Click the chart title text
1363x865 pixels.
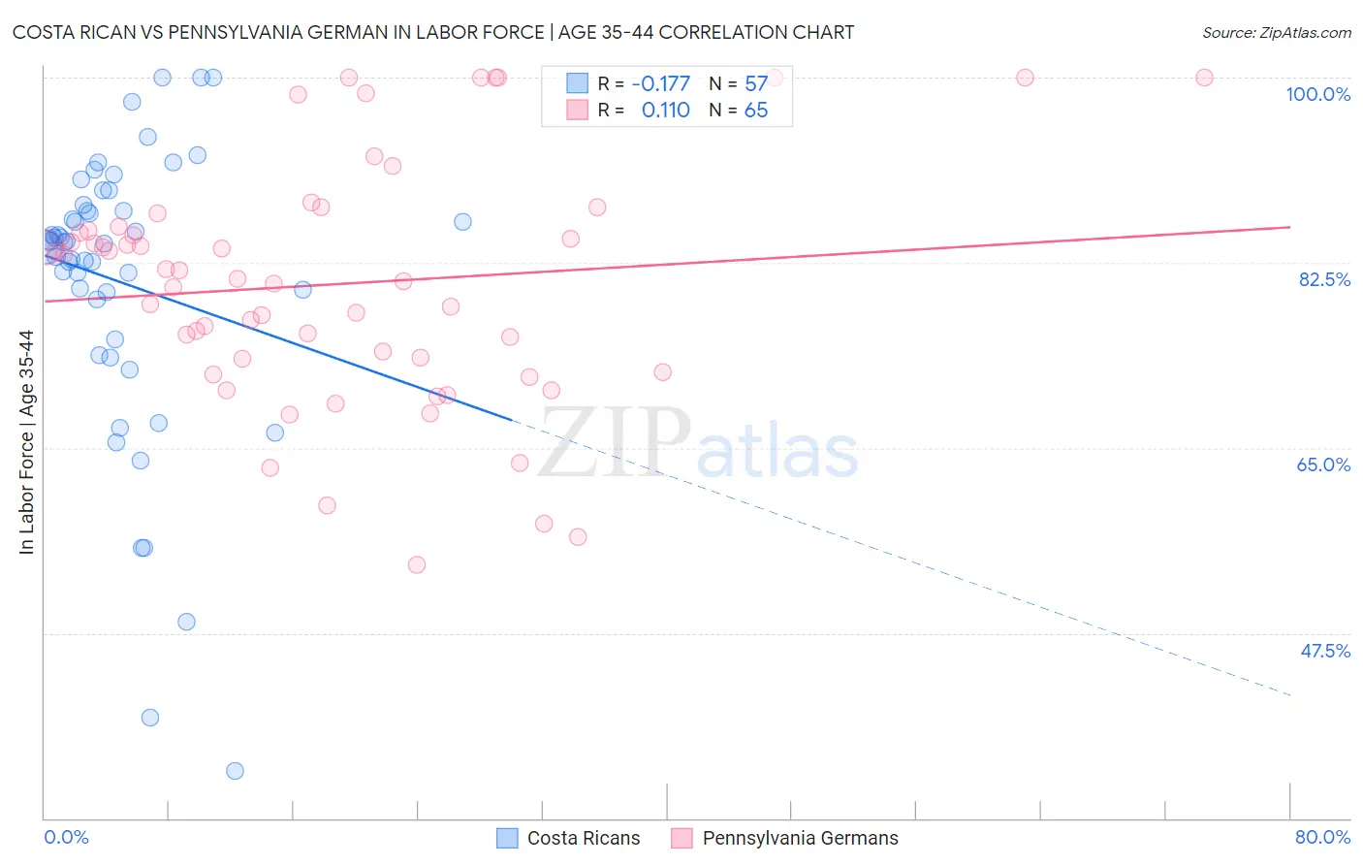[433, 32]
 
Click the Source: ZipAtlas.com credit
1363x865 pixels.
[1276, 33]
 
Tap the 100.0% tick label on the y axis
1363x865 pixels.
[1317, 94]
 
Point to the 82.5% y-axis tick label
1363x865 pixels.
[1324, 279]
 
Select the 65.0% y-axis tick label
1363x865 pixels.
[1323, 465]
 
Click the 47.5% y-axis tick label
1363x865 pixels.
[1324, 651]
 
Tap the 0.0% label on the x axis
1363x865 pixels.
[66, 837]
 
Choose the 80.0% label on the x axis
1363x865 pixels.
[1322, 837]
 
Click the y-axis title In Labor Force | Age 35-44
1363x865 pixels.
[26, 442]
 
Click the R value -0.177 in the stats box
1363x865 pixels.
[660, 84]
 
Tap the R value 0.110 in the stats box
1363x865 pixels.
[665, 111]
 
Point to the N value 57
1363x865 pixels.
[756, 84]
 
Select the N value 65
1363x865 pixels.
[756, 111]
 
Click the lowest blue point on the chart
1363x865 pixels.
[235, 771]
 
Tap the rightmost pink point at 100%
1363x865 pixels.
[1204, 78]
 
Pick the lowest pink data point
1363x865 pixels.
[417, 564]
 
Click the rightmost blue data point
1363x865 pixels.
[462, 222]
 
